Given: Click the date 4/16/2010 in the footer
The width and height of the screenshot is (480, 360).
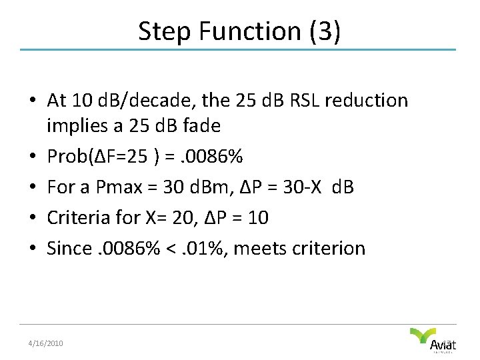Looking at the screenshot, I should (x=45, y=343).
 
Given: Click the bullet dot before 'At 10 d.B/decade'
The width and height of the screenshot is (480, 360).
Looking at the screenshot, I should (x=32, y=101).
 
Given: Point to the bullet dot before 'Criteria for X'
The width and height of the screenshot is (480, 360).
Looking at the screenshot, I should (x=32, y=218).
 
